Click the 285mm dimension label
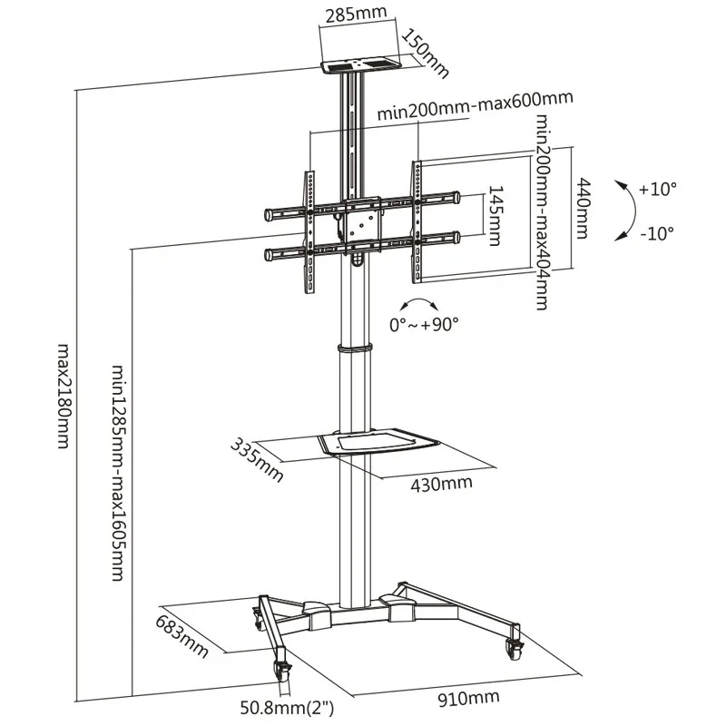coord(357,14)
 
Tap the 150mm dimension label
coord(425,53)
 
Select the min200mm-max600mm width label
coord(475,105)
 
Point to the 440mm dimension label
coord(582,209)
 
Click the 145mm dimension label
coord(495,216)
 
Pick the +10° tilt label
coord(657,190)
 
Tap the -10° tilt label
coord(656,233)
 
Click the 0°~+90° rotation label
coord(424,325)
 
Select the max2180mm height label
coord(64,396)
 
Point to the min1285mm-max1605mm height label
coord(119,473)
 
